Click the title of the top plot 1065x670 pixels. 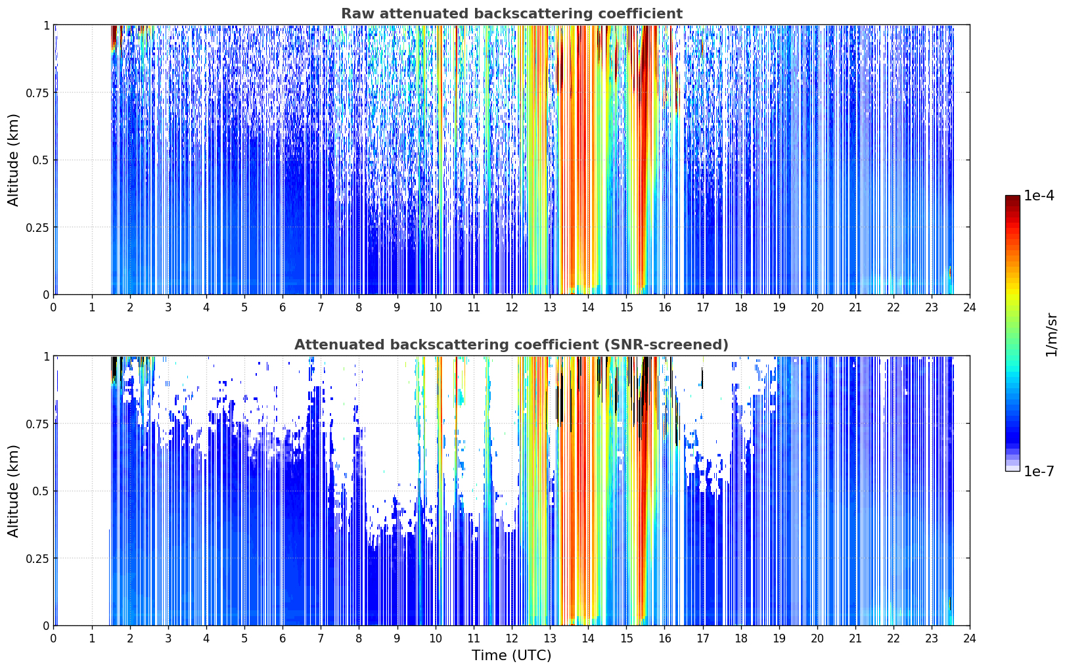512,13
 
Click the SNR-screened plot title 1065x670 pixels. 512,344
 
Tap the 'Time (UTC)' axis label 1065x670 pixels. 512,656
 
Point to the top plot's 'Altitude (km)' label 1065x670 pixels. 13,160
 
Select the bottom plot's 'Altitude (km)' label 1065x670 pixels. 13,491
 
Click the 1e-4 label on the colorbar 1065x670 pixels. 1039,195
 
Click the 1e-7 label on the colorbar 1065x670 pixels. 1039,472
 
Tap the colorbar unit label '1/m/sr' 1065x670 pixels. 1051,334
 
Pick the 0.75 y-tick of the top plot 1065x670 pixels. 37,93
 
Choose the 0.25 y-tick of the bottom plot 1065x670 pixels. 37,559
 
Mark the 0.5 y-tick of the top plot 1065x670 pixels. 41,160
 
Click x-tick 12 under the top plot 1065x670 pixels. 512,307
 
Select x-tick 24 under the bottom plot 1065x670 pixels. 970,638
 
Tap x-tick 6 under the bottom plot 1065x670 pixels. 283,638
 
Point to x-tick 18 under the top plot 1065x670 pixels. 740,307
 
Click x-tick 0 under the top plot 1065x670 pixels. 53,307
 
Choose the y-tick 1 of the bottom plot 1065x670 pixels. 46,357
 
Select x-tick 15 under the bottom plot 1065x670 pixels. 626,638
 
